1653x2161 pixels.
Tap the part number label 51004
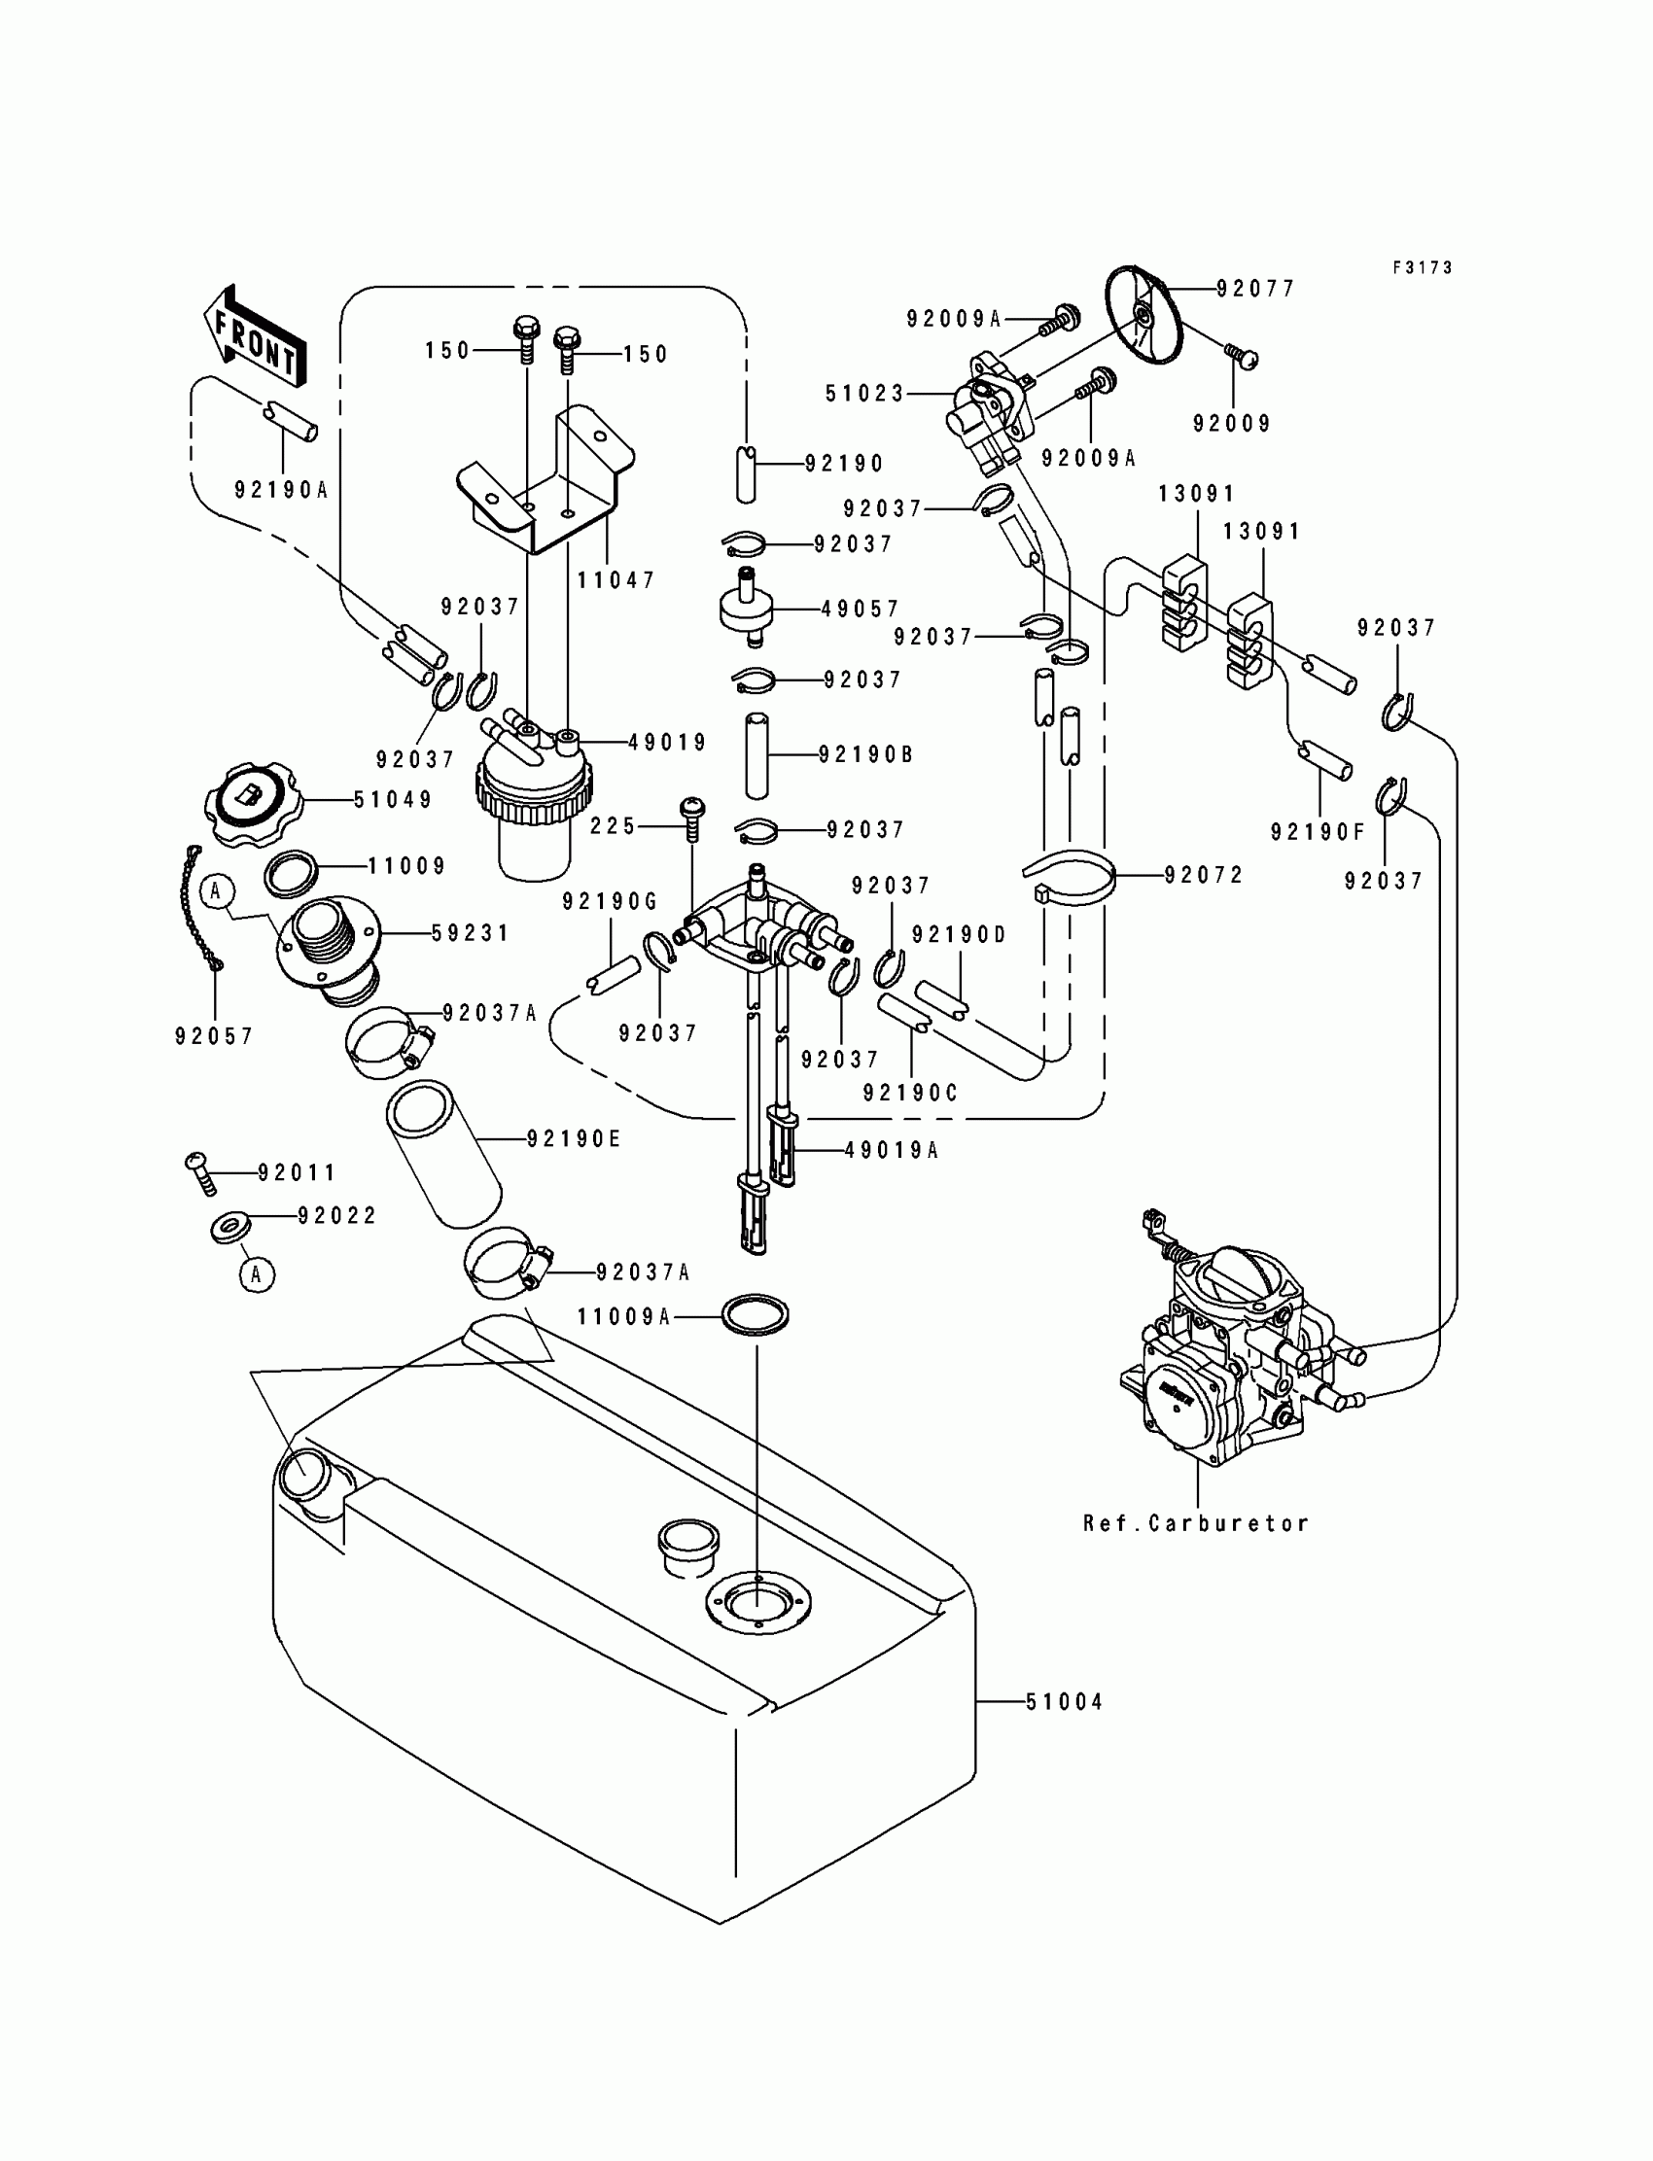(x=1064, y=1701)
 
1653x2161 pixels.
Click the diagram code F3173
(x=1422, y=267)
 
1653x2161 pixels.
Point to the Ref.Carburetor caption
(x=1195, y=1523)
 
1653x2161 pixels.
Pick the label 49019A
(x=892, y=1149)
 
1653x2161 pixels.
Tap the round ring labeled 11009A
(x=756, y=1315)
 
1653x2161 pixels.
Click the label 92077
(x=1255, y=288)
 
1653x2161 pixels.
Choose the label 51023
(x=863, y=394)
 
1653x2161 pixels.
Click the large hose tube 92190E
(x=442, y=1153)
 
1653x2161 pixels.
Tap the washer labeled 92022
(x=230, y=1227)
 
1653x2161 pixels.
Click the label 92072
(x=1204, y=875)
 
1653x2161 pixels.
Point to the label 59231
(x=471, y=932)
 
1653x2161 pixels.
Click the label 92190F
(x=1318, y=832)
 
